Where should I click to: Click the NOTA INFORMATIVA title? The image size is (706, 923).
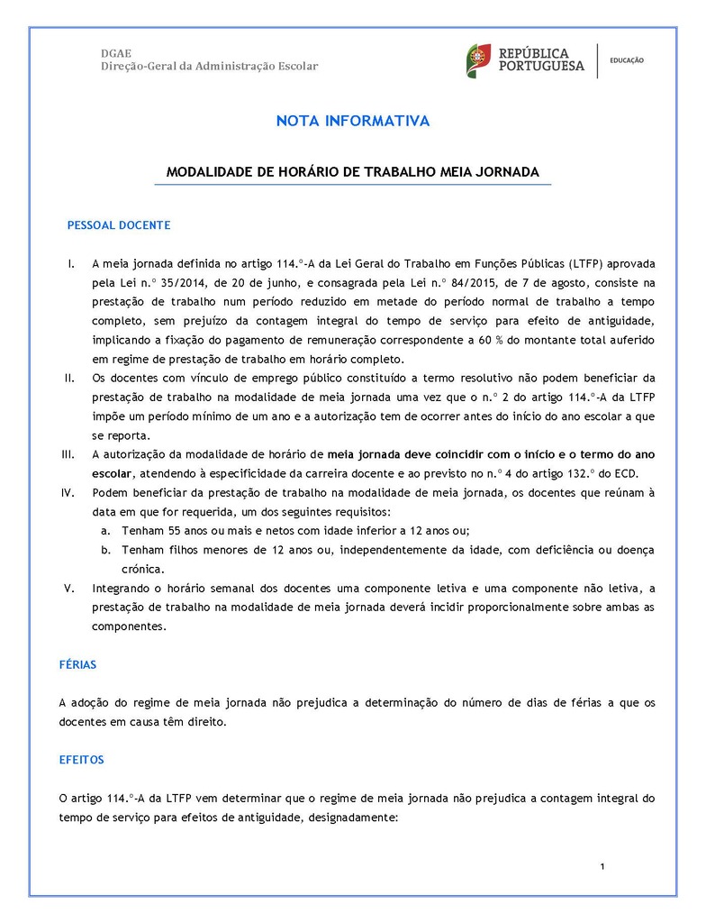[352, 121]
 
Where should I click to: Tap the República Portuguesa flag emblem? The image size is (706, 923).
[477, 59]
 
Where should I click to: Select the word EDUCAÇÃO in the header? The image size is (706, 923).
[627, 60]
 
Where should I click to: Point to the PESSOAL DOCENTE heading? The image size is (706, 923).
[119, 225]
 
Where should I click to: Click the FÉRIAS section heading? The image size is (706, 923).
[77, 664]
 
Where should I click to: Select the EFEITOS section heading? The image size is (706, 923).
[81, 760]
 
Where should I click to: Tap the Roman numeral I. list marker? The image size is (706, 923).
[70, 264]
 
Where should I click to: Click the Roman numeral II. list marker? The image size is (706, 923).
[69, 378]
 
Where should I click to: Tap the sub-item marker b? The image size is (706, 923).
[105, 550]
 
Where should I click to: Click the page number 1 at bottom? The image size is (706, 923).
[602, 867]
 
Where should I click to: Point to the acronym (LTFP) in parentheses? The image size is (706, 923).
[585, 264]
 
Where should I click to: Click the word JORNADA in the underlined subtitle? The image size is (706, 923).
[506, 171]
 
